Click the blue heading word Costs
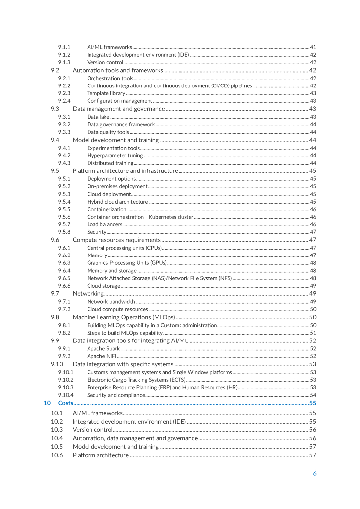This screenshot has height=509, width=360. (x=66, y=403)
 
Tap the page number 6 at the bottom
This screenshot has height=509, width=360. (x=315, y=473)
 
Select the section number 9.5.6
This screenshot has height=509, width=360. (x=64, y=217)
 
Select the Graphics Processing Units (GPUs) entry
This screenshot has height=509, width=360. (x=127, y=263)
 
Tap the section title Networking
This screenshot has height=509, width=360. (x=88, y=294)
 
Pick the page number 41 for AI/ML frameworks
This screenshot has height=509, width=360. (x=313, y=47)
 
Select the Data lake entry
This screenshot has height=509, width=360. (x=98, y=117)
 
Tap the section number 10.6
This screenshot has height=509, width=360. (x=57, y=455)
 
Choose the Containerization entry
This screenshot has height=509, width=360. (x=107, y=209)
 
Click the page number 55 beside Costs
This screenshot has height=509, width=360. (x=313, y=403)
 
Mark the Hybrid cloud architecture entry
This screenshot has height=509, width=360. (x=117, y=202)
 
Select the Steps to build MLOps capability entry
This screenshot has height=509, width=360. (x=125, y=333)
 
